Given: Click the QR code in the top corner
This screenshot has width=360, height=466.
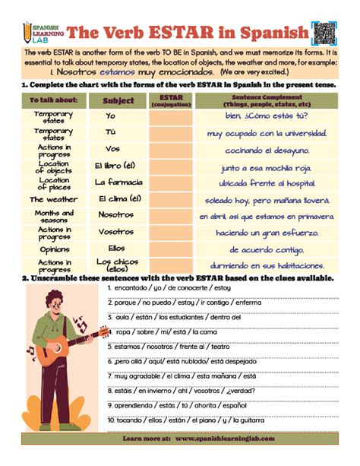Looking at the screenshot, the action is coord(324,31).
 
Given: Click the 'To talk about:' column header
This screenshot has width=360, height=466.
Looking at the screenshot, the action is coord(54,100).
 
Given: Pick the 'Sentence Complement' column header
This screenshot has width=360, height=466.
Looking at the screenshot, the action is coord(266,100).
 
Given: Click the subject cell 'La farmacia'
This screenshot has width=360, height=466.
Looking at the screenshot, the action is coord(118,182).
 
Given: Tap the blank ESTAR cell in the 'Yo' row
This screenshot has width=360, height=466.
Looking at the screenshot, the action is coord(171,116).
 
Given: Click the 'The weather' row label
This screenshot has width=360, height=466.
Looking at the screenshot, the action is coord(54,199).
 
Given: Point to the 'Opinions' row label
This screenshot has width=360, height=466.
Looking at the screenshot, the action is coord(54,249).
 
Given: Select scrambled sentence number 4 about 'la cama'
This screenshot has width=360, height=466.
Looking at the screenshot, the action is coord(156,332).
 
